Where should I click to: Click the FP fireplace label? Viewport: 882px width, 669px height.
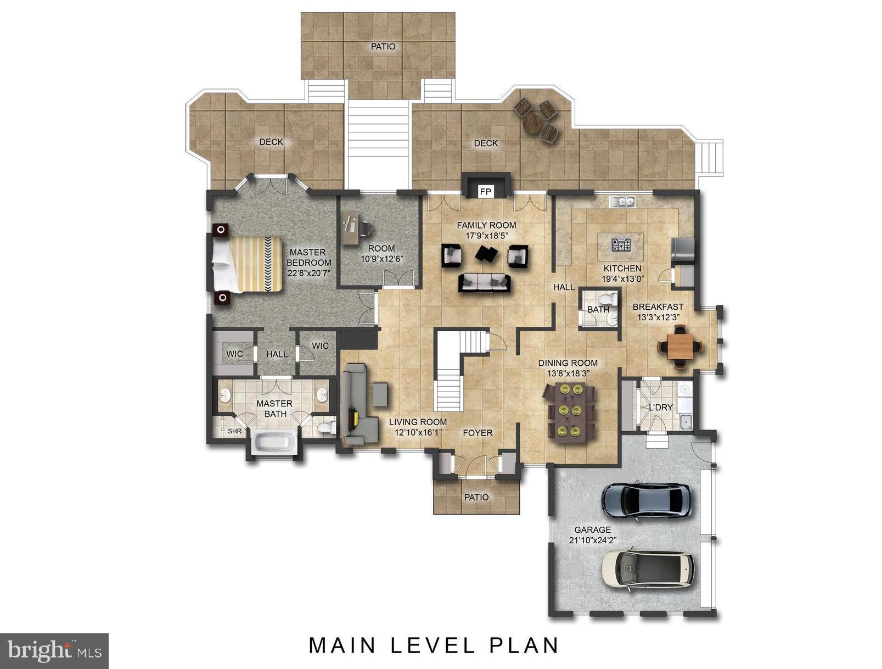(485, 192)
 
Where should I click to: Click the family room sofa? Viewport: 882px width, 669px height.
(485, 283)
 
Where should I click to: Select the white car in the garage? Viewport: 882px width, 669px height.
(647, 570)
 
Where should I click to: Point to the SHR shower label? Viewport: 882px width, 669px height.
(235, 431)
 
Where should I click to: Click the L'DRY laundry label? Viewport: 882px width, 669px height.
(661, 407)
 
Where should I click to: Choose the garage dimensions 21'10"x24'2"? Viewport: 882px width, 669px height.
(593, 540)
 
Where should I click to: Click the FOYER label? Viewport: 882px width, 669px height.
(477, 433)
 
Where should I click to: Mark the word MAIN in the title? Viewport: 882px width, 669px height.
(342, 645)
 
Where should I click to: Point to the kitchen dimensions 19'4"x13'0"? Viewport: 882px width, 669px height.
(622, 278)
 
